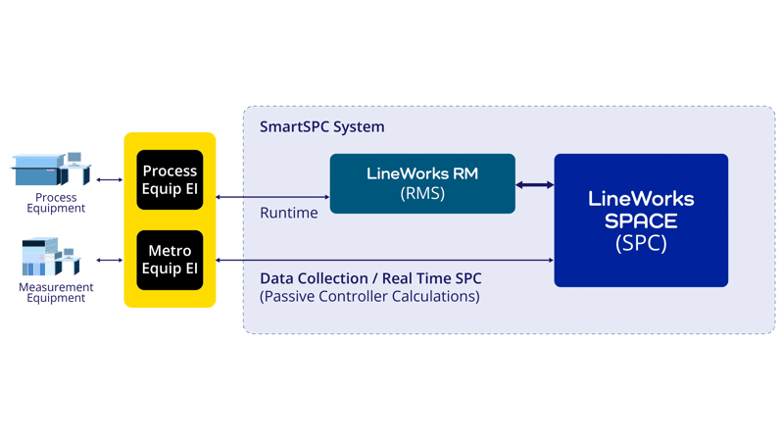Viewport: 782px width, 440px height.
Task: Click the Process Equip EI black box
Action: pyautogui.click(x=170, y=180)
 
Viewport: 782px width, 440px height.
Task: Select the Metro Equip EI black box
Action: pyautogui.click(x=170, y=260)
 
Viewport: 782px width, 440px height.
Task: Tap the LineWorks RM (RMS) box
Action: pyautogui.click(x=422, y=183)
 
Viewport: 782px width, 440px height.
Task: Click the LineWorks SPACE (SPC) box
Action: pyautogui.click(x=641, y=220)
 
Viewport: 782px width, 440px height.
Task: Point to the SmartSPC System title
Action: pyautogui.click(x=321, y=127)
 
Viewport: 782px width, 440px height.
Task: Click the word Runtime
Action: pyautogui.click(x=289, y=213)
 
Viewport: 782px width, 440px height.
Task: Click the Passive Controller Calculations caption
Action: pyautogui.click(x=369, y=296)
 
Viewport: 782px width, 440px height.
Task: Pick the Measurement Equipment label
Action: pyautogui.click(x=56, y=292)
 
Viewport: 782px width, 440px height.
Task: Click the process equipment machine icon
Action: pyautogui.click(x=51, y=171)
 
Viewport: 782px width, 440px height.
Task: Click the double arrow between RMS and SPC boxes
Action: pyautogui.click(x=535, y=184)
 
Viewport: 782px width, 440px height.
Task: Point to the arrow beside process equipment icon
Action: pyautogui.click(x=108, y=180)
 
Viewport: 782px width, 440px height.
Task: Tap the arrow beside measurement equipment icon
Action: pyautogui.click(x=108, y=260)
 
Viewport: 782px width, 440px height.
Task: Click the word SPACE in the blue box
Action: pyautogui.click(x=641, y=220)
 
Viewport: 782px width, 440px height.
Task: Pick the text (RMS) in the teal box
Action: pyautogui.click(x=422, y=194)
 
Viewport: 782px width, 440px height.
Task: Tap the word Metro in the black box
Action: pyautogui.click(x=170, y=251)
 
